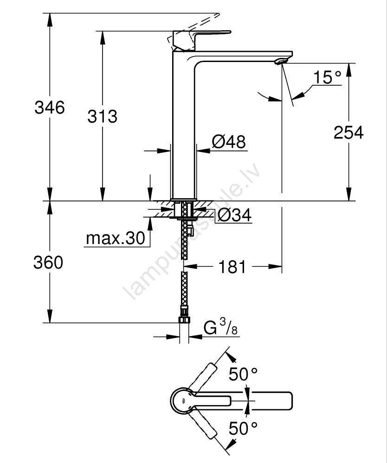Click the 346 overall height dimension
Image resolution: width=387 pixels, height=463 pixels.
click(49, 107)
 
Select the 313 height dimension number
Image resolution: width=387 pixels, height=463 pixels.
click(103, 116)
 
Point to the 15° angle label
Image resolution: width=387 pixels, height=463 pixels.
click(327, 77)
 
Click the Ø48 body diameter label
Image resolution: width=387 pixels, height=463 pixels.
click(229, 142)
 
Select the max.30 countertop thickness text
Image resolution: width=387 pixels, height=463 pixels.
click(116, 238)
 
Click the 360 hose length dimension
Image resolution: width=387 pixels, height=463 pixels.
click(48, 262)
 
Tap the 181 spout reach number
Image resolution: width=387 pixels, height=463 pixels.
click(232, 267)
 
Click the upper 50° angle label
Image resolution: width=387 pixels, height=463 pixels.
click(243, 375)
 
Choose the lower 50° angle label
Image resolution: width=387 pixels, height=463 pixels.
click(243, 429)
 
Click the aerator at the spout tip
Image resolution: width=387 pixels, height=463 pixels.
click(280, 61)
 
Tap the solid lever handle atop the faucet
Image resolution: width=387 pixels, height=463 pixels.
click(201, 40)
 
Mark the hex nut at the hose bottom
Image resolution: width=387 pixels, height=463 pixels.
click(184, 320)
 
